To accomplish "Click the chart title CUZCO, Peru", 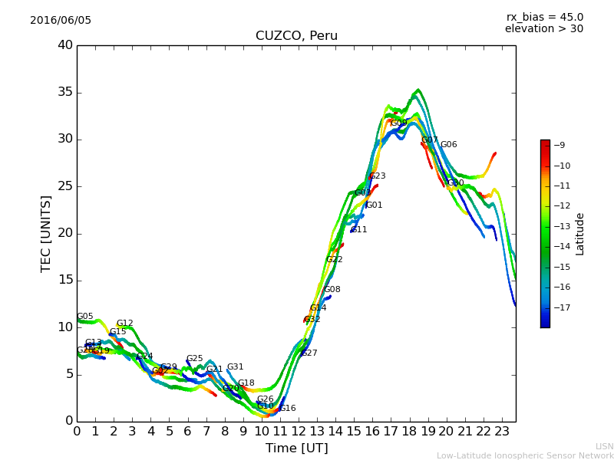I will [x=296, y=36].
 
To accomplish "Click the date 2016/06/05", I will [x=61, y=20].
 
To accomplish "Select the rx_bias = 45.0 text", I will [x=544, y=17].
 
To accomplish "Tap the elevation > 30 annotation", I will [x=543, y=29].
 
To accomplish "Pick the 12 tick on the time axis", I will [x=299, y=432].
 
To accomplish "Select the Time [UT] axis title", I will [x=296, y=449].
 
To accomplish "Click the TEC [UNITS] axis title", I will [x=46, y=233].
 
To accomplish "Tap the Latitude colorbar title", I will [x=580, y=234].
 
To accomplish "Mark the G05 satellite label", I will [x=85, y=317].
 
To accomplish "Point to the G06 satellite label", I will [x=448, y=145].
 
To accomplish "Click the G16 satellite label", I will [x=287, y=409].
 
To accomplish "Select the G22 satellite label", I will [x=334, y=260].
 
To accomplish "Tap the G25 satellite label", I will [x=194, y=359].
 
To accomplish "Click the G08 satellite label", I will [x=332, y=290].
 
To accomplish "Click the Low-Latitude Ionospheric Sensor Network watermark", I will [x=525, y=455].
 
